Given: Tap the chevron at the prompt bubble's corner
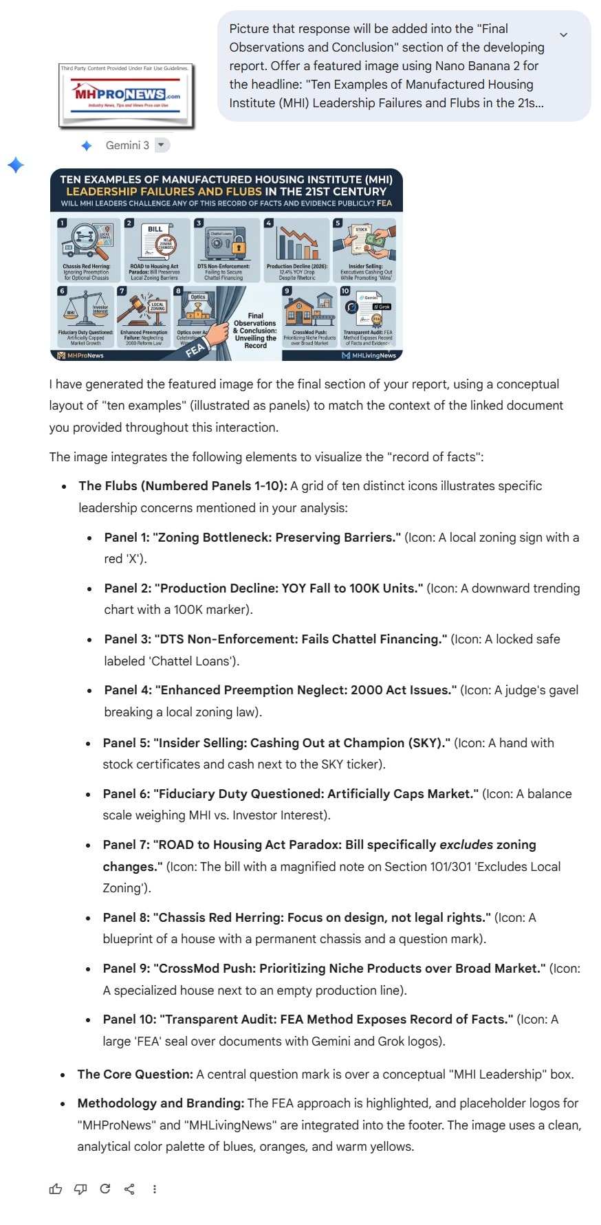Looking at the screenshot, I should click(563, 35).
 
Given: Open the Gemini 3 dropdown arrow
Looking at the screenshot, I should click(161, 145).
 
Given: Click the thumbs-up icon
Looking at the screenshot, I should click(56, 1189).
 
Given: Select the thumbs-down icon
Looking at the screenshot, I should click(80, 1189).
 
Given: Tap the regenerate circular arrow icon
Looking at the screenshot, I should click(105, 1189).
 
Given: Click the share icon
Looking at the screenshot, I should click(129, 1189).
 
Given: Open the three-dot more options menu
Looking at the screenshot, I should click(154, 1189).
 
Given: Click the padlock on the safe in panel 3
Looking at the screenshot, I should click(238, 246).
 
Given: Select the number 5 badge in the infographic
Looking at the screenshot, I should click(338, 223).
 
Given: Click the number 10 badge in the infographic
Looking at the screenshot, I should click(345, 291).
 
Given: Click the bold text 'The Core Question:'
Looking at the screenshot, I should click(135, 1074).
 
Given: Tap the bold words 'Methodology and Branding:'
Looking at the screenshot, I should click(160, 1103).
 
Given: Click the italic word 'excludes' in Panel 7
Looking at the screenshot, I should click(466, 844).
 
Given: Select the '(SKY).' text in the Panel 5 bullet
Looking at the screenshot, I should click(430, 742).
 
